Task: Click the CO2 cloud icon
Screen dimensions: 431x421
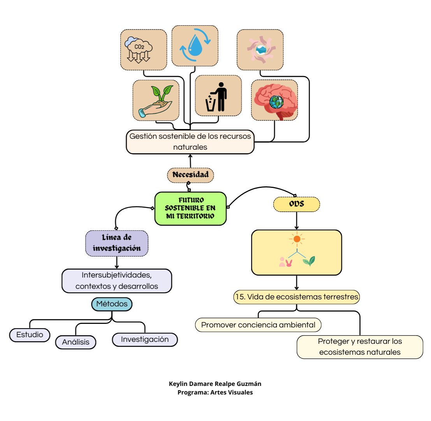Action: (138, 50)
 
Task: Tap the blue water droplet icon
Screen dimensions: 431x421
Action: (195, 45)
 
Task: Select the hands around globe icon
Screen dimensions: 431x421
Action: (260, 50)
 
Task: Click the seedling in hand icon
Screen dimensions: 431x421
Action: (156, 101)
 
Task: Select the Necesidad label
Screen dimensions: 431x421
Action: (190, 175)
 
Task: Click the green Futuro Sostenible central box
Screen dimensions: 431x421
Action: (190, 209)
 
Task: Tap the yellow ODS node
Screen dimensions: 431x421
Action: (297, 204)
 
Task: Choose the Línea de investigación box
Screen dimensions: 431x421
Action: (117, 243)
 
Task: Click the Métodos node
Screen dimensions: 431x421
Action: (112, 304)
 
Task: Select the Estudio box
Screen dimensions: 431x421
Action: (30, 335)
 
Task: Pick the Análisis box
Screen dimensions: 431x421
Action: (76, 342)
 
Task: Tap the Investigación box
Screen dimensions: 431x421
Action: (145, 340)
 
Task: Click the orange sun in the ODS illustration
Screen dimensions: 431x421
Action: (297, 239)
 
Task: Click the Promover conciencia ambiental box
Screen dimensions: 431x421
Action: (258, 325)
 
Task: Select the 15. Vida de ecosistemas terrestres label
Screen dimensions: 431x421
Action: (297, 297)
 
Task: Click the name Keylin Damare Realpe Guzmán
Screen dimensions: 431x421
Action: (215, 384)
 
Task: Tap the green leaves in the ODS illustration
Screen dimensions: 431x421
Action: (309, 261)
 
